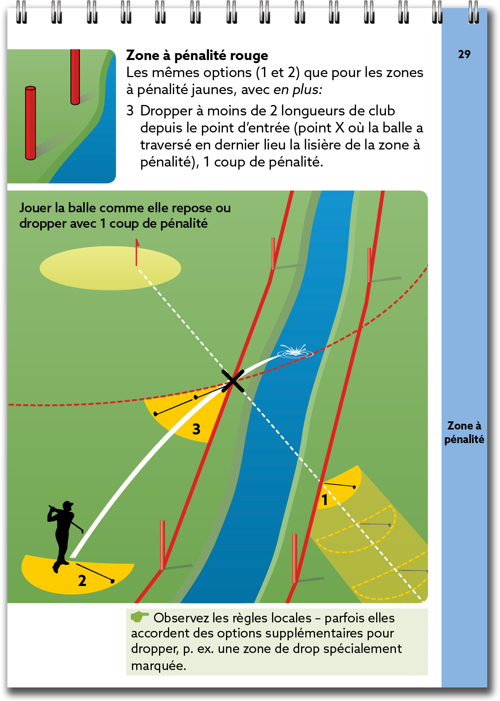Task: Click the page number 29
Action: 464,54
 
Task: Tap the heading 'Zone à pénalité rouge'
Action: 197,56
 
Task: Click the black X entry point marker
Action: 233,381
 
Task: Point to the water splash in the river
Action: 295,351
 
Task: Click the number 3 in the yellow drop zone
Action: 197,429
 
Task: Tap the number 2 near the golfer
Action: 82,581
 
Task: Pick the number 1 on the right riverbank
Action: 325,500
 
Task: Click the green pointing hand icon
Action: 139,617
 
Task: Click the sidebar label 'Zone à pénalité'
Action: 464,432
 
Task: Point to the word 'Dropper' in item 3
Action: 166,111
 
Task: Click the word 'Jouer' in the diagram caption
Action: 36,208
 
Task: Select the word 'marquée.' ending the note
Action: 159,666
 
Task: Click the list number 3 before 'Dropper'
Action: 130,111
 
